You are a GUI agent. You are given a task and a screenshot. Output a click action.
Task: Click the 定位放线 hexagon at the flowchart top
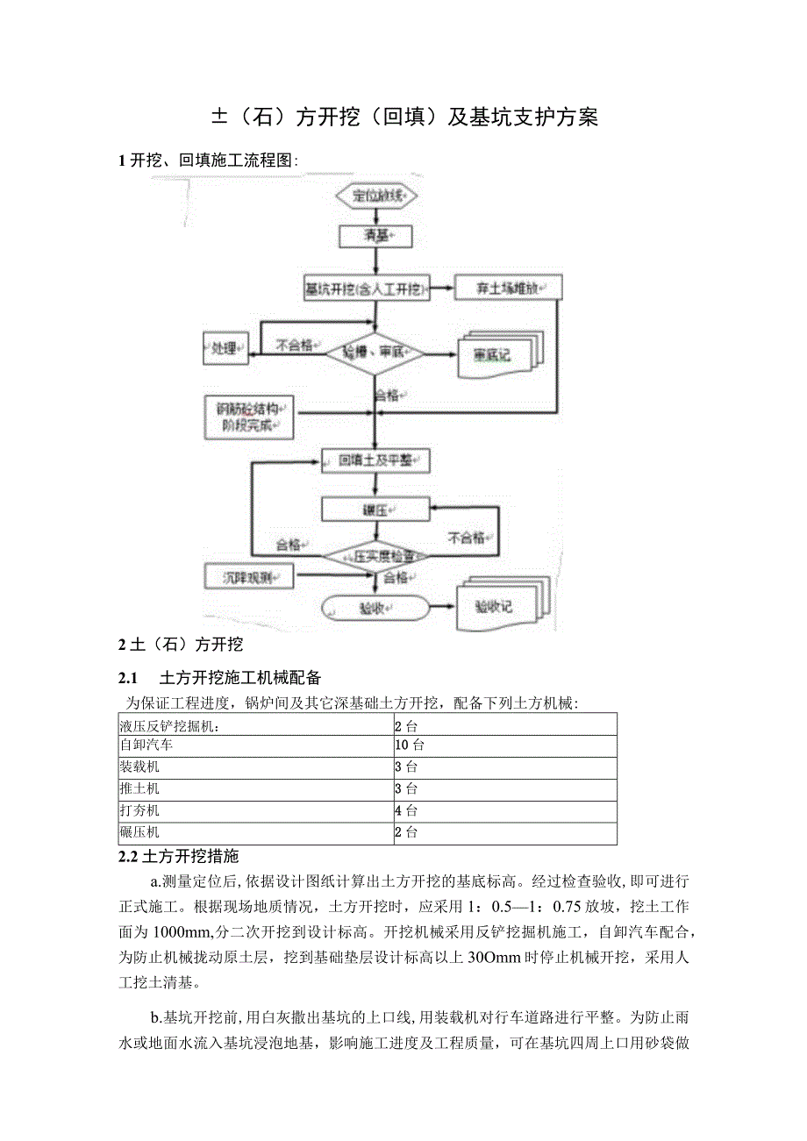click(375, 196)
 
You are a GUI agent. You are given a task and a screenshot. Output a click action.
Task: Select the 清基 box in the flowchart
click(375, 235)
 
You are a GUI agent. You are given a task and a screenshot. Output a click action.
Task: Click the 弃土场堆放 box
click(508, 287)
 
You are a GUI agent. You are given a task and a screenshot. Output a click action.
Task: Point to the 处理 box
click(225, 348)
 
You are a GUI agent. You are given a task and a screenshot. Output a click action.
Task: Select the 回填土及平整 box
click(375, 460)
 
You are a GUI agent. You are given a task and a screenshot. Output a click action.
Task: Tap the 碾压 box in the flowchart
click(375, 510)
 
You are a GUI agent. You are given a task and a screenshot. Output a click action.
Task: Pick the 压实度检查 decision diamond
click(375, 556)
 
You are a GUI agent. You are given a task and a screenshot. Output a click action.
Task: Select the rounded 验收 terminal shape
click(375, 607)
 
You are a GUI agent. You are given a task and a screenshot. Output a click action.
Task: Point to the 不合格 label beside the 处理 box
click(294, 346)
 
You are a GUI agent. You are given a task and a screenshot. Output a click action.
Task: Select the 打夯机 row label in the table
click(139, 810)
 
